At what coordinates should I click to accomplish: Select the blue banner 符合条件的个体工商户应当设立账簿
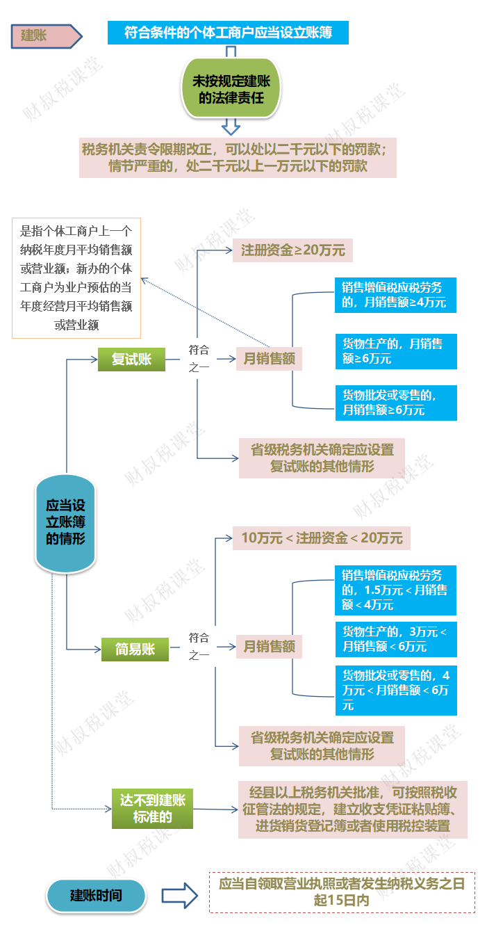[228, 32]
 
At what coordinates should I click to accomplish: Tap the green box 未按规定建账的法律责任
[231, 89]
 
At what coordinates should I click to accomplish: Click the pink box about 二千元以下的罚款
[238, 158]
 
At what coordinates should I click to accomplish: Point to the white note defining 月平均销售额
[76, 278]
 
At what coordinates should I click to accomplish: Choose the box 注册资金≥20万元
[292, 250]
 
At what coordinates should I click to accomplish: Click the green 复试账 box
[132, 359]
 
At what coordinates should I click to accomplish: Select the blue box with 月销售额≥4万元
[395, 294]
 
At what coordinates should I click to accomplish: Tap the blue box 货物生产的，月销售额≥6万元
[395, 350]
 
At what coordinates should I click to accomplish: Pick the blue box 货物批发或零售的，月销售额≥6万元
[395, 403]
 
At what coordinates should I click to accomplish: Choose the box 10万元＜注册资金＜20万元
[322, 538]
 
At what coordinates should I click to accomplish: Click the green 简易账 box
[135, 650]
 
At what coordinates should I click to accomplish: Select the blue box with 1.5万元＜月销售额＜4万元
[395, 590]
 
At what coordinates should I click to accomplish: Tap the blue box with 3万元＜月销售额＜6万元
[395, 639]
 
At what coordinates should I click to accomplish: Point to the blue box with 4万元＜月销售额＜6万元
[395, 690]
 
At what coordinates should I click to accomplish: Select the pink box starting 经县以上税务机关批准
[352, 809]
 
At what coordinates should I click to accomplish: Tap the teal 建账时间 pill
[97, 896]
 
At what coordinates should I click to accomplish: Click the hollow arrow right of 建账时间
[179, 896]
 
